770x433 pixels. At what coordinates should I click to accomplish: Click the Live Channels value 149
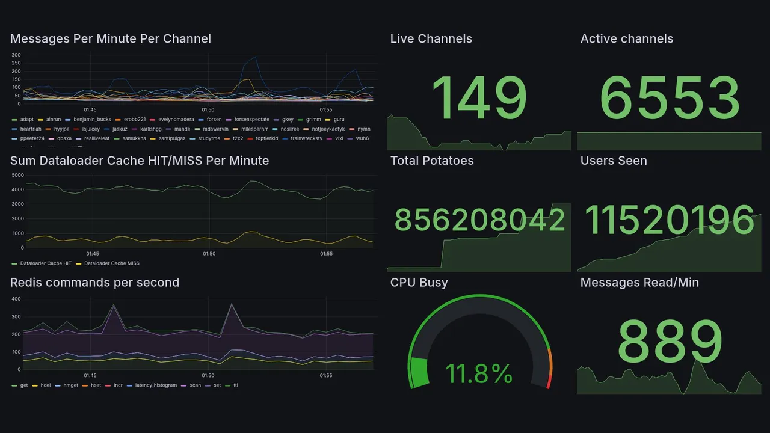[479, 97]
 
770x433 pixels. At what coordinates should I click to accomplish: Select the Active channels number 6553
[670, 97]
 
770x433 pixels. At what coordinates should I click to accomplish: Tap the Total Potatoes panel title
[432, 161]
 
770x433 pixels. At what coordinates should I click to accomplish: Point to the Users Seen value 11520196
[669, 220]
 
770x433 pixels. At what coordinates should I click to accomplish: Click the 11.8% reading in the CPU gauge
[479, 373]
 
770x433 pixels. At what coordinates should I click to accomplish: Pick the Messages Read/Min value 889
[670, 342]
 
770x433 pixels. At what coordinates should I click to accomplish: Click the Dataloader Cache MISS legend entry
[111, 263]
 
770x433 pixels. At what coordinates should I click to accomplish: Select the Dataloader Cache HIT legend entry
[45, 263]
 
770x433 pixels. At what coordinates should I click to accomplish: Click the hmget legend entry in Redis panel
[70, 385]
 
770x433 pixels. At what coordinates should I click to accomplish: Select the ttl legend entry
[235, 385]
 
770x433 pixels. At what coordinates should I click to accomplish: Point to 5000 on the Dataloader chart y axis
[17, 175]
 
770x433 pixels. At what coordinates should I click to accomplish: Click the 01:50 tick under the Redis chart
[208, 376]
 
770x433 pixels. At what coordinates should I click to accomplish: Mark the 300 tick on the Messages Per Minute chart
[16, 55]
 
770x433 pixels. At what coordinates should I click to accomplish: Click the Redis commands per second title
[95, 283]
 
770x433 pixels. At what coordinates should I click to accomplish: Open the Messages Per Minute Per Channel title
[111, 39]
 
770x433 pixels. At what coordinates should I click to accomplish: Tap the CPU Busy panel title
[419, 283]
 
